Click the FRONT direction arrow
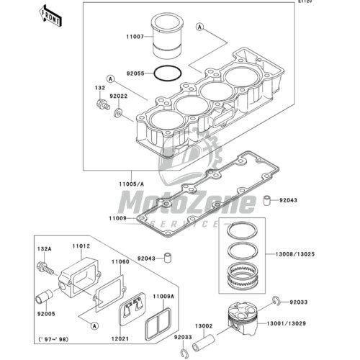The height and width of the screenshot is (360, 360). (x=51, y=16)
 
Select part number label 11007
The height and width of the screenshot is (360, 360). (x=135, y=37)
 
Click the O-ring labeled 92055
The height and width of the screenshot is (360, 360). (x=168, y=73)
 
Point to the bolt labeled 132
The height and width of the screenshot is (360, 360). (x=103, y=104)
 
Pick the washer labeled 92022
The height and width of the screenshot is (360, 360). (x=118, y=113)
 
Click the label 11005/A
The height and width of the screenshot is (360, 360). (x=132, y=184)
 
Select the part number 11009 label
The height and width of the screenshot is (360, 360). (x=117, y=218)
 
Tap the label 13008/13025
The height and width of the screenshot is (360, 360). (x=295, y=254)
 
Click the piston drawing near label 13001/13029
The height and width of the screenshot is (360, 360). (x=243, y=318)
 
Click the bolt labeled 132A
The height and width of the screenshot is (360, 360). (x=45, y=268)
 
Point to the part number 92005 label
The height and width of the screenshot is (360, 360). (x=46, y=314)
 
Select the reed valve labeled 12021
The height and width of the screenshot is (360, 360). (x=132, y=309)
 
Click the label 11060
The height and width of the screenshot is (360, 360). (x=120, y=261)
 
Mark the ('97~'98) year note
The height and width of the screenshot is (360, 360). (x=53, y=339)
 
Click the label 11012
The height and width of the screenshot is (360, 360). (x=81, y=246)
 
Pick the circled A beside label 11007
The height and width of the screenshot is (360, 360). (x=199, y=27)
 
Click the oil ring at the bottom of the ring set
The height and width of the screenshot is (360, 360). (x=243, y=276)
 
